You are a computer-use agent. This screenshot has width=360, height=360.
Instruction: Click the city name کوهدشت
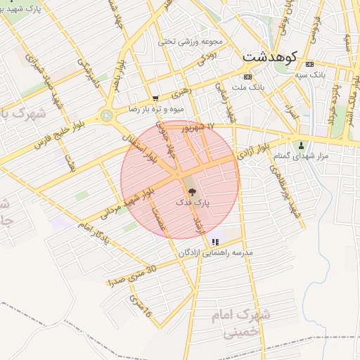271,56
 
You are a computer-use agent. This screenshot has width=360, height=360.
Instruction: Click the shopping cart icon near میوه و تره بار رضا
155,98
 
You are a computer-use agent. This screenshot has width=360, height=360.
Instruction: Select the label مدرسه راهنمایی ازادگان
215,252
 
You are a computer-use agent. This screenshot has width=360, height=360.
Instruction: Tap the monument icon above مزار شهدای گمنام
301,146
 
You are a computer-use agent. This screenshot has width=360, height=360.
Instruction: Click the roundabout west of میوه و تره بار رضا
107,115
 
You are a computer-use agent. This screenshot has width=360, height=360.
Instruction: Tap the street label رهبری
181,91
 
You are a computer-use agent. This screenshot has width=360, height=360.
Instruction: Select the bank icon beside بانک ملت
247,77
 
